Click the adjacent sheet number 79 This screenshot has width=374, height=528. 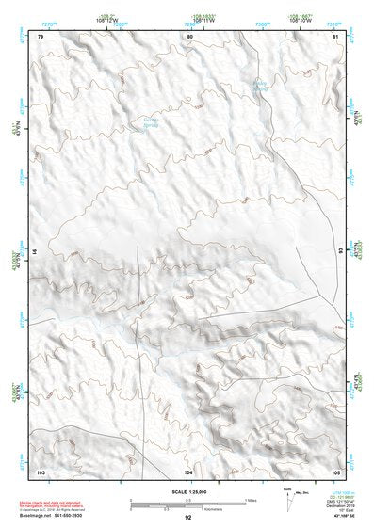click(x=41, y=36)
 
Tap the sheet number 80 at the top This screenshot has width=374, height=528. click(x=190, y=36)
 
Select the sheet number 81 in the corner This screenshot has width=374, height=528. click(x=336, y=36)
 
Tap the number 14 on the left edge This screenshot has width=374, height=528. click(x=37, y=252)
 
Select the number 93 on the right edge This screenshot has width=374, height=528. click(x=340, y=252)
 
